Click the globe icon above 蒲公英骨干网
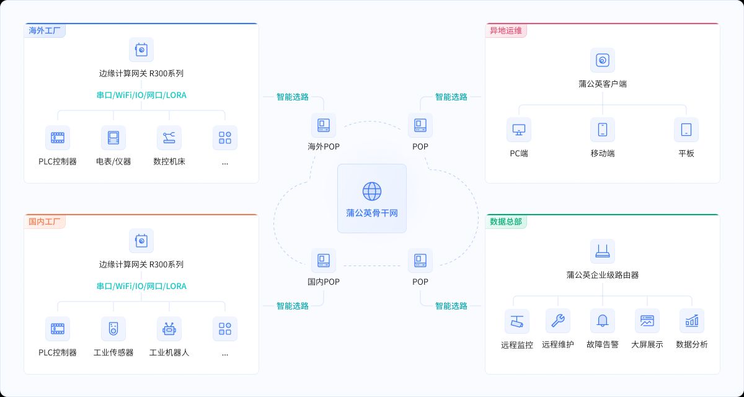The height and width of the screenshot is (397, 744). pos(372,191)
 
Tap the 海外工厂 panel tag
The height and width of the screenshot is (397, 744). pos(45,30)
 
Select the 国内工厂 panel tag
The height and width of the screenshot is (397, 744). pos(45,221)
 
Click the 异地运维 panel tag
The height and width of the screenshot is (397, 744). pos(505,30)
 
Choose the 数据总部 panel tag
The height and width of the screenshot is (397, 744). pos(505,221)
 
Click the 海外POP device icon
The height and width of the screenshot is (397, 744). pos(324,125)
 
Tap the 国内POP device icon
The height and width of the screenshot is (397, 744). pos(324,261)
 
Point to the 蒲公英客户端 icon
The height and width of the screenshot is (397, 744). pos(603,60)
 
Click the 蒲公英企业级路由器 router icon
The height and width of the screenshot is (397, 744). pos(603,251)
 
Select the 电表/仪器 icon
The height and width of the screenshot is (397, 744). pos(113,138)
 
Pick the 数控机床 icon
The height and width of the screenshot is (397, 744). pos(169,138)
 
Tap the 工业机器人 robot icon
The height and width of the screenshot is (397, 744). pos(169,329)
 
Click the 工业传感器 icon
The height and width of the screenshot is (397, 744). pos(113,329)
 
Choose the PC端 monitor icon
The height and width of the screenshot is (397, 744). pos(519,130)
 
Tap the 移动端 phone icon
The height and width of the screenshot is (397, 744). pos(603,130)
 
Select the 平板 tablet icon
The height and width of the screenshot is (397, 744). pos(686,130)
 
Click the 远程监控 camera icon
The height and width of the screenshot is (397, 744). pos(517,321)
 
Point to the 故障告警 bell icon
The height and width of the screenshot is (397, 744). pos(603,321)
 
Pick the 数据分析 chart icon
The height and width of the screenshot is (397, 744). pos(692,321)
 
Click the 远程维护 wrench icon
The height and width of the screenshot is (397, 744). pos(558,321)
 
